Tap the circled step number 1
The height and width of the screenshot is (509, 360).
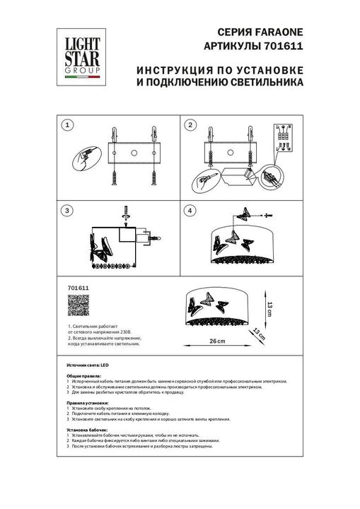click(x=68, y=125)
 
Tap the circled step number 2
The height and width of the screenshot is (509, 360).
click(x=190, y=125)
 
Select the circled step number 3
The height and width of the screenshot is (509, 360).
click(x=68, y=211)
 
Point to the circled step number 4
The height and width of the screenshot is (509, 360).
click(x=190, y=211)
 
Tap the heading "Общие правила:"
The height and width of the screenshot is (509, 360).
click(x=83, y=375)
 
